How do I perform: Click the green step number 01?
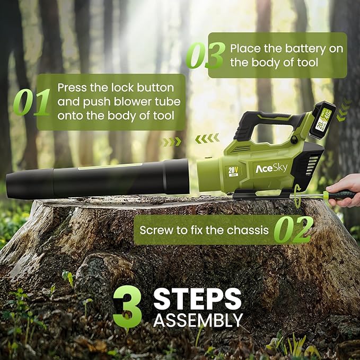click(31, 102)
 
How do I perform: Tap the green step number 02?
click(294, 230)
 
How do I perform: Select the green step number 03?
click(206, 55)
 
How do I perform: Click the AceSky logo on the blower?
click(271, 169)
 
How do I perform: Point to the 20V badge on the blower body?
click(233, 171)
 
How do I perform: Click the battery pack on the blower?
click(322, 120)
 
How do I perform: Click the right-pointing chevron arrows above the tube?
click(171, 142)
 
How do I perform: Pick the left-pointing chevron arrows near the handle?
click(207, 138)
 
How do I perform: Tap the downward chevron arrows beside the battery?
click(343, 110)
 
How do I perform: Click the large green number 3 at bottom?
click(128, 306)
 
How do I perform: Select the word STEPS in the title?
click(197, 298)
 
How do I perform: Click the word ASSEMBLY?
click(198, 320)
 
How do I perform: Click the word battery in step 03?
click(305, 49)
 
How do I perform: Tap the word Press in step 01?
click(72, 87)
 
